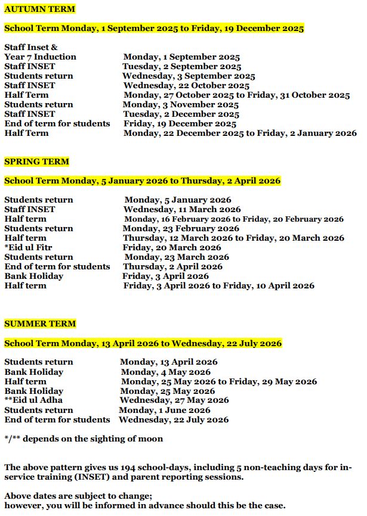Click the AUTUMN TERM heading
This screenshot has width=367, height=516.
pyautogui.click(x=39, y=9)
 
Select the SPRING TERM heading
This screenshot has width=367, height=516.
pyautogui.click(x=36, y=161)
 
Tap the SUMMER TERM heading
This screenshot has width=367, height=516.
pyautogui.click(x=40, y=324)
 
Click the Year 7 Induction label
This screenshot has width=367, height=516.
pyautogui.click(x=40, y=57)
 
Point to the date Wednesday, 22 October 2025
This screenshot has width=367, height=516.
pyautogui.click(x=186, y=85)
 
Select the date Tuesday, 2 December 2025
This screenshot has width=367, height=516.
pyautogui.click(x=181, y=114)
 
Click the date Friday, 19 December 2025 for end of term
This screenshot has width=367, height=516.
pyautogui.click(x=180, y=123)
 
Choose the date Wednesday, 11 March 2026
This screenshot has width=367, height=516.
pyautogui.click(x=182, y=209)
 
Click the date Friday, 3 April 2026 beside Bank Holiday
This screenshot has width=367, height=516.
pyautogui.click(x=165, y=276)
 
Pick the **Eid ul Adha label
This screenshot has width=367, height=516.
pyautogui.click(x=33, y=400)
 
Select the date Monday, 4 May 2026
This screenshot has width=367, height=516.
pyautogui.click(x=165, y=372)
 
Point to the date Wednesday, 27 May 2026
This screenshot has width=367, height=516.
pyautogui.click(x=174, y=400)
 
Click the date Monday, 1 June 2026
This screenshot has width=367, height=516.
pyautogui.click(x=164, y=410)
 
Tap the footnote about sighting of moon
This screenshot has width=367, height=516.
pyautogui.click(x=84, y=439)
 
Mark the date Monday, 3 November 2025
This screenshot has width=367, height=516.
pyautogui.click(x=181, y=104)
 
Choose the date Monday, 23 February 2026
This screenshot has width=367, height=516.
pyautogui.click(x=181, y=228)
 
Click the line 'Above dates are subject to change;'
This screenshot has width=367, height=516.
pyautogui.click(x=78, y=496)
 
